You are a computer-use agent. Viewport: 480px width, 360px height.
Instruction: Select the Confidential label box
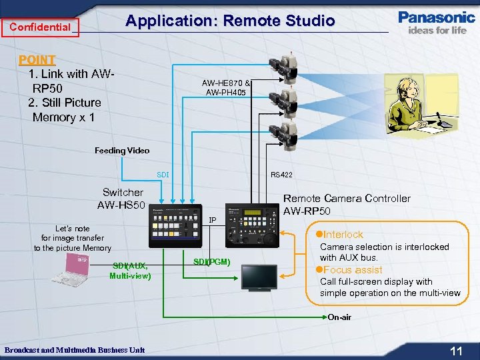click(x=40, y=27)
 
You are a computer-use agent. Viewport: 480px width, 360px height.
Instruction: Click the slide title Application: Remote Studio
click(x=230, y=21)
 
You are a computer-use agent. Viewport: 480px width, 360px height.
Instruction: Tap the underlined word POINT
click(x=37, y=59)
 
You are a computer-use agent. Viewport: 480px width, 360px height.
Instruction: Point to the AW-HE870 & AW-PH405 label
click(x=227, y=87)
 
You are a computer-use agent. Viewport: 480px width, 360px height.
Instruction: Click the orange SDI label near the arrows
click(x=163, y=175)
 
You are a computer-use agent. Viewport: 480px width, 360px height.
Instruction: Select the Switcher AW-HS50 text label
click(x=122, y=198)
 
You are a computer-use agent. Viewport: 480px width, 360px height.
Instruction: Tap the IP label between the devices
click(x=213, y=219)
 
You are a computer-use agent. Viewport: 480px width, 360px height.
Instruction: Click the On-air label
click(x=339, y=317)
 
